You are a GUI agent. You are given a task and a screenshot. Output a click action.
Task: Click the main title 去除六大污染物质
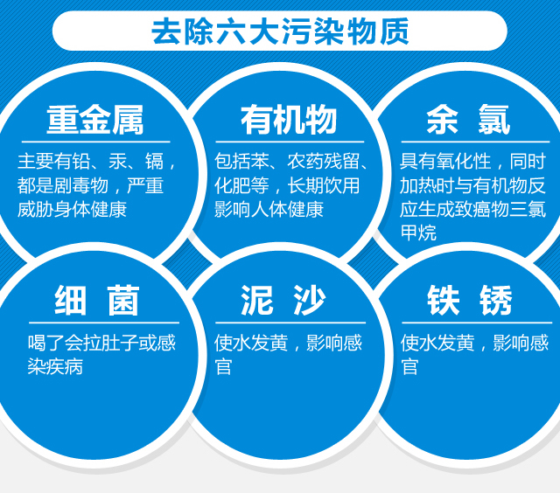click(x=280, y=31)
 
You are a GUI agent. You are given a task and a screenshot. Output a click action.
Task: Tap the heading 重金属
click(x=95, y=120)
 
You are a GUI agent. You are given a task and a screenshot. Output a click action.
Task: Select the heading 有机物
click(x=289, y=120)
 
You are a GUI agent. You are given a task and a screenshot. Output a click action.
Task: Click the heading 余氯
click(x=468, y=120)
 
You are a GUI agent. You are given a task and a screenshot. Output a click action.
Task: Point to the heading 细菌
click(x=97, y=301)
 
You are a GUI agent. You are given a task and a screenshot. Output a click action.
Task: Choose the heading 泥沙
click(x=283, y=301)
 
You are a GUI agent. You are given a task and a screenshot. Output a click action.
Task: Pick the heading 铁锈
click(x=470, y=301)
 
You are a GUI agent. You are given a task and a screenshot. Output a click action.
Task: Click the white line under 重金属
click(x=95, y=142)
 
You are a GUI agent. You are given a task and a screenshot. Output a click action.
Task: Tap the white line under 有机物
click(x=290, y=142)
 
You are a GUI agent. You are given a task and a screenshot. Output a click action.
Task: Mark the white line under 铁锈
click(x=477, y=323)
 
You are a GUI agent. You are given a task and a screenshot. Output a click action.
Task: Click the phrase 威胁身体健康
click(x=72, y=210)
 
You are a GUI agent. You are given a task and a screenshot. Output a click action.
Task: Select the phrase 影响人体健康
click(x=269, y=210)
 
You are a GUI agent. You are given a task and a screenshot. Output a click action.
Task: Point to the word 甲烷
click(x=418, y=233)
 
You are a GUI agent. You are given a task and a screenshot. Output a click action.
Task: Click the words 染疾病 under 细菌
click(x=55, y=366)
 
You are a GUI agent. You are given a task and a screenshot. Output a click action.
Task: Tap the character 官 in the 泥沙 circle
click(x=224, y=367)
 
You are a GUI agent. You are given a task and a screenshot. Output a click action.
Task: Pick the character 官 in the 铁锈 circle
click(x=409, y=367)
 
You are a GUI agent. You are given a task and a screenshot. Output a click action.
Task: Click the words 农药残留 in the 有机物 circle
click(x=323, y=161)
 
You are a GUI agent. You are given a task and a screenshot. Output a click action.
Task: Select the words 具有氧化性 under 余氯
click(x=445, y=161)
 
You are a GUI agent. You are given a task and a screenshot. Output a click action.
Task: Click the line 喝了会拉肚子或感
click(x=101, y=343)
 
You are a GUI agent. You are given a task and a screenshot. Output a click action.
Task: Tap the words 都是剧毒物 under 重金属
click(x=62, y=185)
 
